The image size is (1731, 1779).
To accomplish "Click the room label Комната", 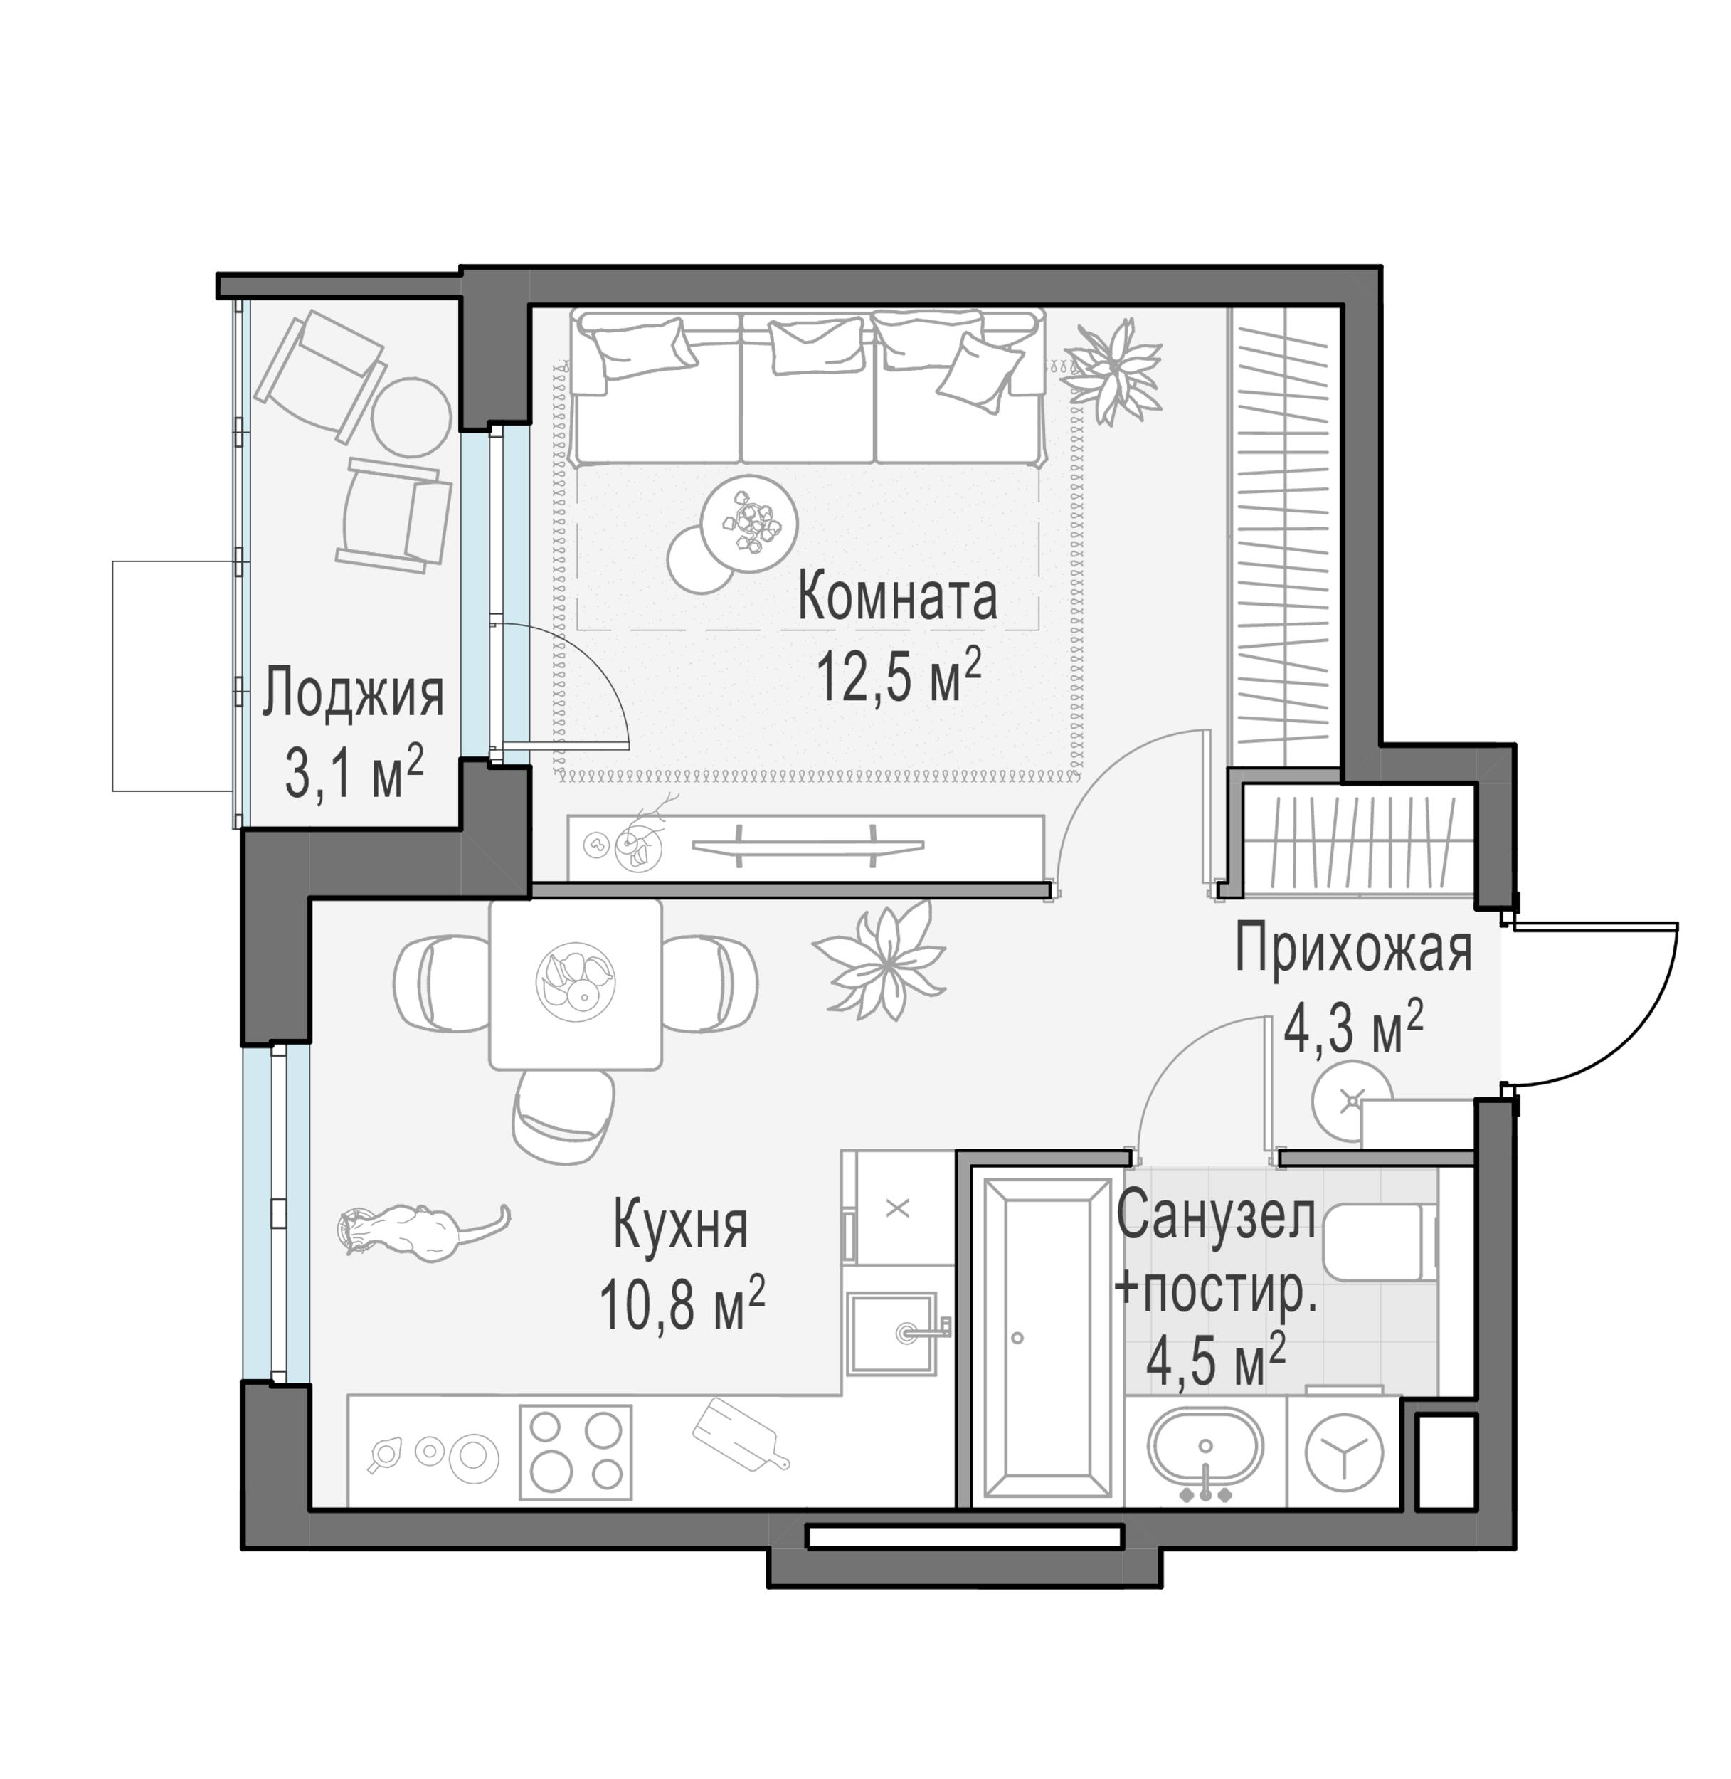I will pos(896,598).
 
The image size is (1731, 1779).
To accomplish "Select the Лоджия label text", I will pos(353,695).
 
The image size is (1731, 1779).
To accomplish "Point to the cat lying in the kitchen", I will pos(413,1232).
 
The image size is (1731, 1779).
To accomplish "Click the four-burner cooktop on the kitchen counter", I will pos(575,1452).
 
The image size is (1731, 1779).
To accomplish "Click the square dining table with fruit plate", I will pos(575,984).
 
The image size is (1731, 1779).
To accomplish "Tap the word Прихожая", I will pos(1352,949).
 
